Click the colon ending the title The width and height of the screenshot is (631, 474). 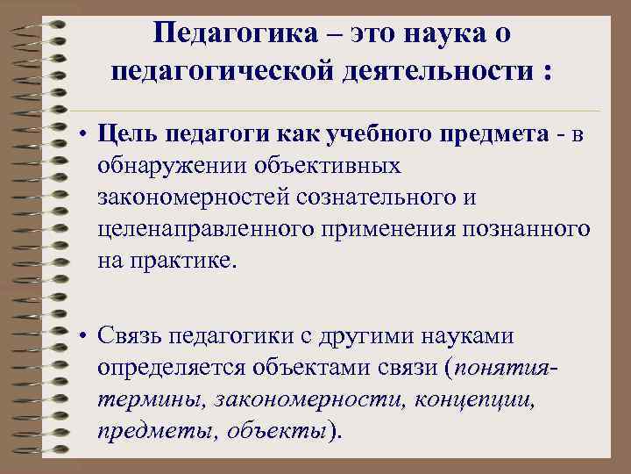[548, 73]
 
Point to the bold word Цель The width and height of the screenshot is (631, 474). [125, 133]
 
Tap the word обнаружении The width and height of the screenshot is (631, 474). [171, 165]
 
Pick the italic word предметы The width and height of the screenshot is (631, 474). [157, 431]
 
